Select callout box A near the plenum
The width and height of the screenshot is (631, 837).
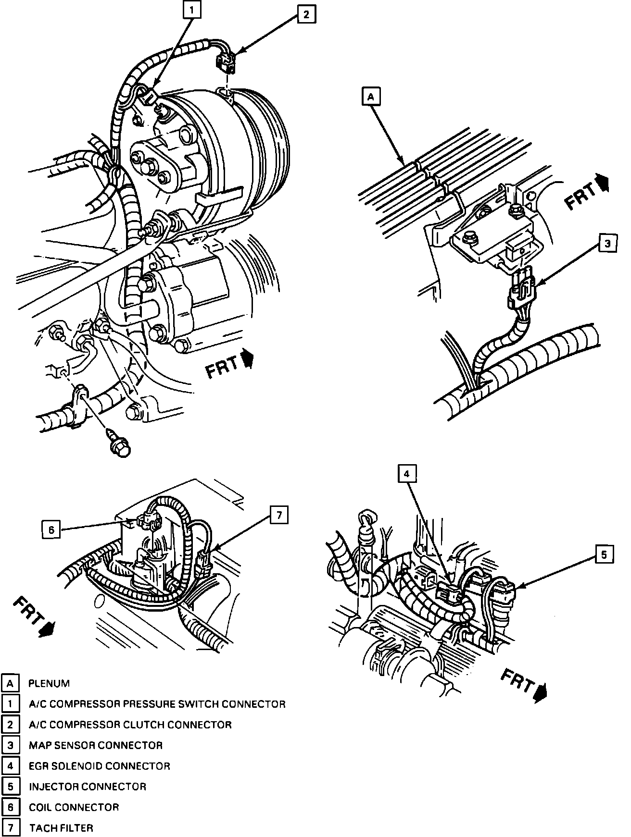(370, 97)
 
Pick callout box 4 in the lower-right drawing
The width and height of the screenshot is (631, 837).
(406, 474)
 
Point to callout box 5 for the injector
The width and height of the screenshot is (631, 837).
(604, 555)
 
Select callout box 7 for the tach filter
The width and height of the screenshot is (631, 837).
(278, 515)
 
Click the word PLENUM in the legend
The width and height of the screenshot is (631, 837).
(49, 683)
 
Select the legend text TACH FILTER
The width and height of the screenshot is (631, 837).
(61, 828)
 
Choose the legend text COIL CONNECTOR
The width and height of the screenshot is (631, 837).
(74, 807)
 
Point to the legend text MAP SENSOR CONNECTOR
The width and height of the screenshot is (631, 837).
(96, 745)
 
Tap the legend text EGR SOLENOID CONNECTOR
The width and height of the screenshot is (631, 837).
(100, 766)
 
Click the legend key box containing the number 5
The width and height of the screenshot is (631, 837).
(10, 787)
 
